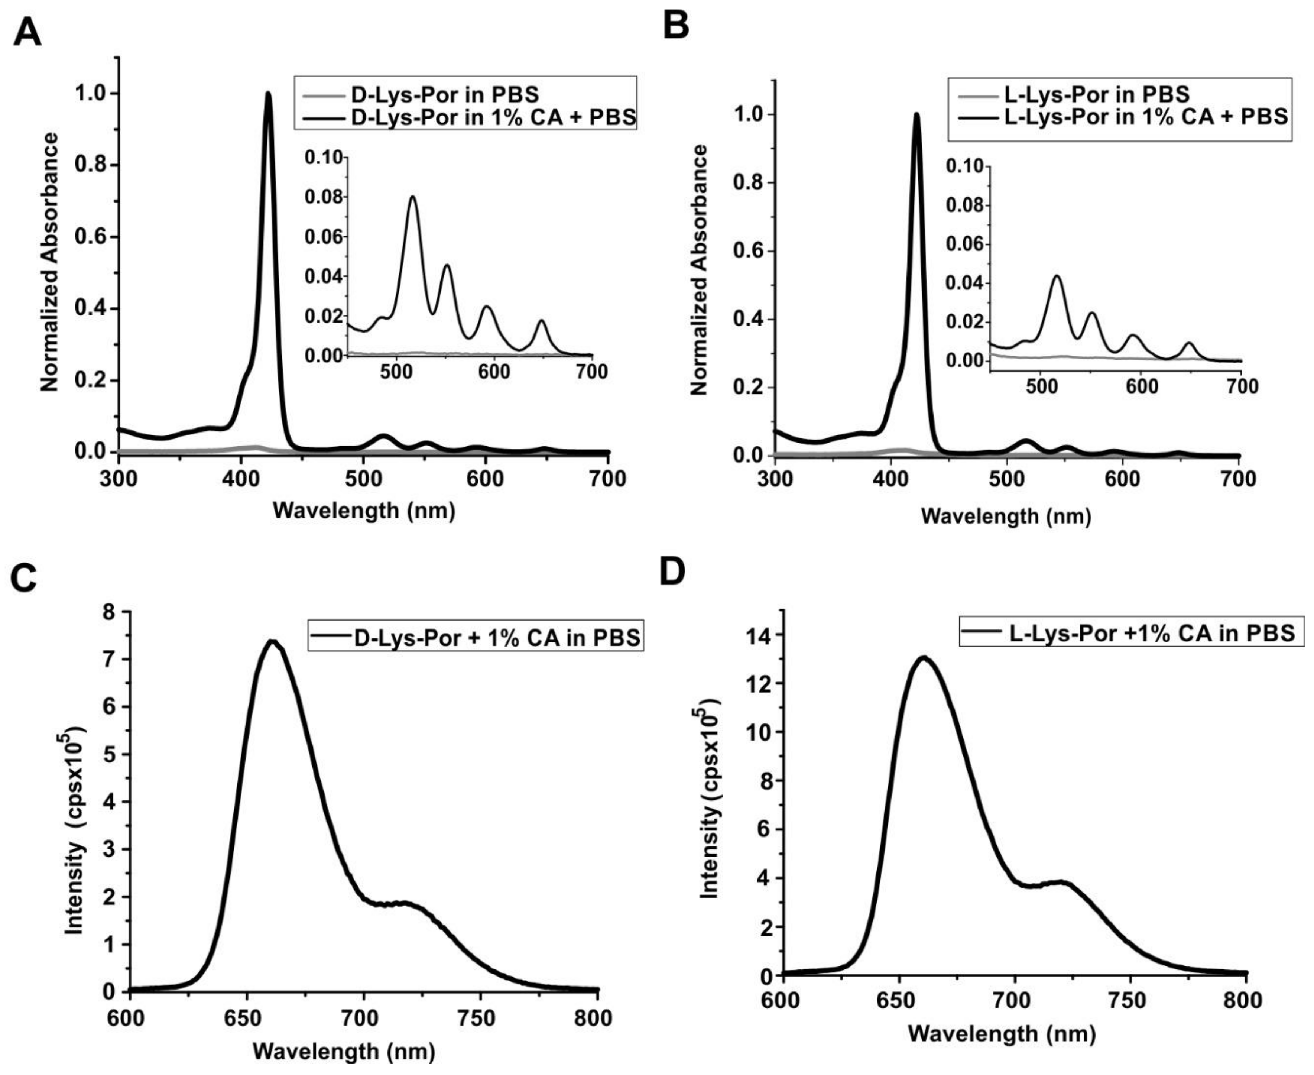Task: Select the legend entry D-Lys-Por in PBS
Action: tap(444, 95)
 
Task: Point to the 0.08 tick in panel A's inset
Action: tap(323, 197)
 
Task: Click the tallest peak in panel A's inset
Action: tap(412, 197)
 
